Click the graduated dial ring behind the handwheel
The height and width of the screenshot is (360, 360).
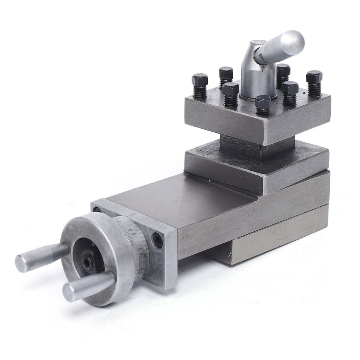click(x=131, y=244)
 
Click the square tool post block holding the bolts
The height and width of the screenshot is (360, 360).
click(x=259, y=120)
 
